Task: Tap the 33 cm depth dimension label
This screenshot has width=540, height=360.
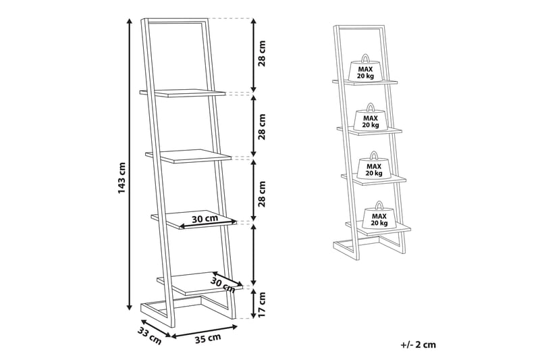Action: [150, 336]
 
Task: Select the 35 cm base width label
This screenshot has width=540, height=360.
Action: [208, 338]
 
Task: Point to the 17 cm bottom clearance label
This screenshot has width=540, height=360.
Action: [262, 305]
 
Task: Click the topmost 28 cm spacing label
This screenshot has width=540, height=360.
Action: [262, 53]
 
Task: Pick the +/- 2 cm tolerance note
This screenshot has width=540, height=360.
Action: [418, 344]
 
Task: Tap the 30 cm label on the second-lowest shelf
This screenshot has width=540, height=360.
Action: [205, 218]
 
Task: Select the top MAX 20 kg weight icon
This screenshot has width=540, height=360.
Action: [365, 68]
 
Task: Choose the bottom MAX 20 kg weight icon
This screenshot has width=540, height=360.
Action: [379, 215]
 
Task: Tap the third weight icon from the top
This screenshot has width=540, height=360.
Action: [374, 165]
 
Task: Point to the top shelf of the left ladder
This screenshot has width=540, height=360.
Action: [182, 93]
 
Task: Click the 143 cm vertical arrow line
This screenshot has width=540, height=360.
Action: [130, 164]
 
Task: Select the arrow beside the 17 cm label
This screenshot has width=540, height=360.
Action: [254, 304]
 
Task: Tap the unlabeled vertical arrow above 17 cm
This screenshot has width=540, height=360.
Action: [254, 254]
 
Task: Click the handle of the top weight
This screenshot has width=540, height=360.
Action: [364, 57]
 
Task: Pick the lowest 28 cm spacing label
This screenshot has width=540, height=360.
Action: [262, 193]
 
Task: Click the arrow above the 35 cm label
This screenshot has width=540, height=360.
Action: [205, 330]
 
